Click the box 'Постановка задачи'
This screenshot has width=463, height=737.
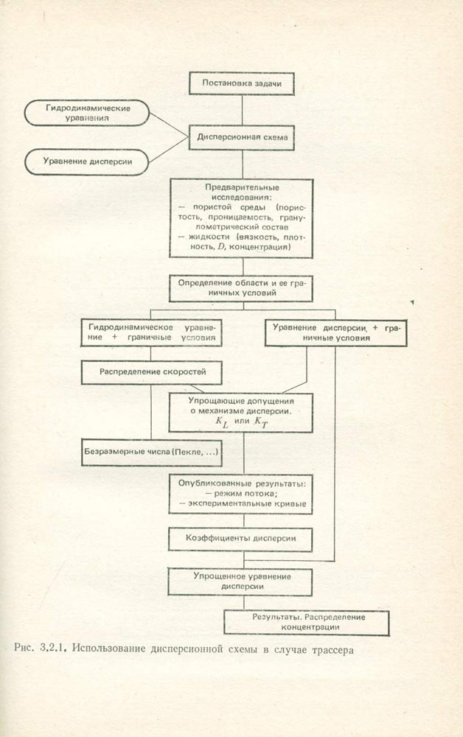point(242,83)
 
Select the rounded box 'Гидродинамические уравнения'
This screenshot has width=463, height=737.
point(87,113)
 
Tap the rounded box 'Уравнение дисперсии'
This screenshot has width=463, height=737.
point(87,162)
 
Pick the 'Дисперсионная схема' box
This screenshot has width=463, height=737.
point(242,136)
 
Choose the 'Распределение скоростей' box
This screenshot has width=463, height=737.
point(151,372)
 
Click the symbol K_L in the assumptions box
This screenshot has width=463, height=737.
point(222,424)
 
